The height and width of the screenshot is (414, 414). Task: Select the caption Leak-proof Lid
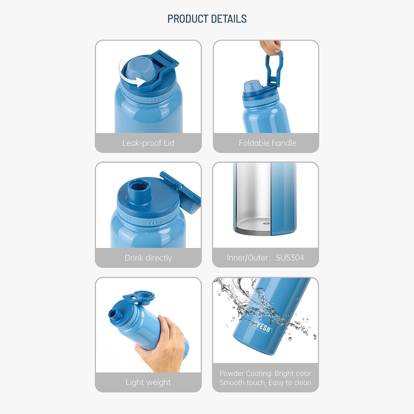click(x=148, y=143)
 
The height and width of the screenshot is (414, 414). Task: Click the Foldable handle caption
click(x=267, y=143)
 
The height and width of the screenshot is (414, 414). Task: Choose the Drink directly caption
click(x=148, y=258)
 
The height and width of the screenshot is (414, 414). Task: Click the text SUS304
click(x=290, y=258)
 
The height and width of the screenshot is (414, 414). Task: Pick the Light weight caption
click(x=148, y=383)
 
